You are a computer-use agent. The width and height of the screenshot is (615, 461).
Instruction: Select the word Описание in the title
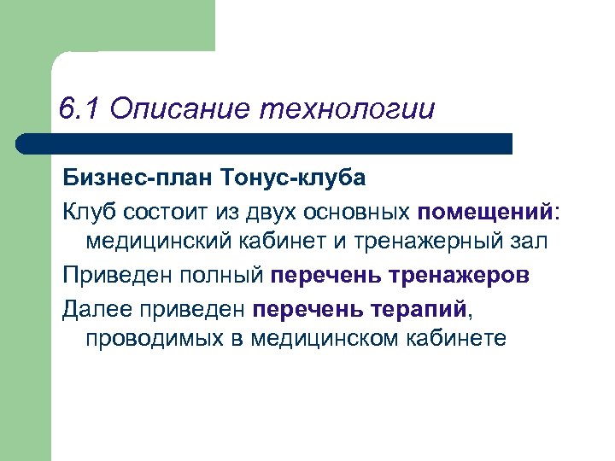[x=177, y=110]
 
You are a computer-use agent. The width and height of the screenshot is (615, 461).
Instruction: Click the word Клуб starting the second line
[x=88, y=211]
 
